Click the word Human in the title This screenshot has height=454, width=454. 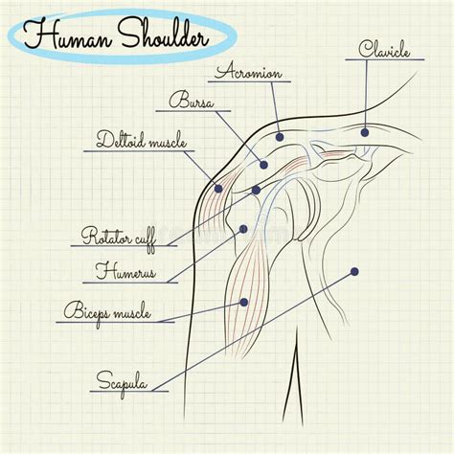[68, 35]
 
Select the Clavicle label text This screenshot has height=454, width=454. [384, 49]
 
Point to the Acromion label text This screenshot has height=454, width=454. [248, 71]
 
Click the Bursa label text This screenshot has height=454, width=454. [191, 100]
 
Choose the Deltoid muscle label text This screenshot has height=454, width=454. [141, 140]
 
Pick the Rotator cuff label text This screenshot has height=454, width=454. [119, 238]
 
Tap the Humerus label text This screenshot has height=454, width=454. [125, 272]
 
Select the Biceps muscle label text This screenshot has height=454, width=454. [107, 312]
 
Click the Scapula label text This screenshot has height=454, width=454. [122, 382]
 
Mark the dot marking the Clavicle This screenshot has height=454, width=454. [365, 132]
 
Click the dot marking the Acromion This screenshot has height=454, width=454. [280, 137]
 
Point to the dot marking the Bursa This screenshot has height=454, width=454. [263, 165]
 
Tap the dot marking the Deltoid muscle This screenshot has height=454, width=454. [218, 189]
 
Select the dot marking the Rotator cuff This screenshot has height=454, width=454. [256, 191]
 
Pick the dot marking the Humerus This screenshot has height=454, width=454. [243, 229]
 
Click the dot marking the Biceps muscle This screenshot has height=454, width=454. [244, 303]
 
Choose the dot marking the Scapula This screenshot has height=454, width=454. [354, 272]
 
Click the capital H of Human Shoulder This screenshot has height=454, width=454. [38, 34]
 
